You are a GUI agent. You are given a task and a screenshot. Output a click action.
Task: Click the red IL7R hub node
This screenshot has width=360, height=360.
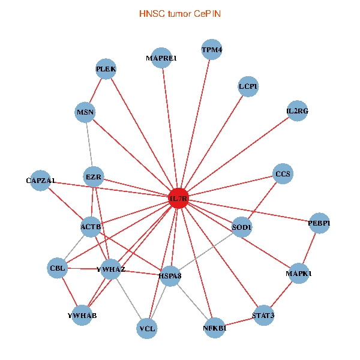pos(178,198)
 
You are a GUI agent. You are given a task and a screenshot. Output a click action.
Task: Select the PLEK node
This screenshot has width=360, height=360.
pos(106,68)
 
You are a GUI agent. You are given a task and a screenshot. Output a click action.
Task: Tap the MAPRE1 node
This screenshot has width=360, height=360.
pos(161,58)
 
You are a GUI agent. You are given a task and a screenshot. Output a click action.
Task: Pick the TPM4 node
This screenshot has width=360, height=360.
pos(211,50)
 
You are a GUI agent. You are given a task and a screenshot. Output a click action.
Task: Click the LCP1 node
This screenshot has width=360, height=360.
pos(248,86)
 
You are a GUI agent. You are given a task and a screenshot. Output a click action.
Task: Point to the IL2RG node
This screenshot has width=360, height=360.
pos(297,110)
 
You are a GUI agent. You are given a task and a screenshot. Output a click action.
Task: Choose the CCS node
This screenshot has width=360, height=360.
pos(283,174)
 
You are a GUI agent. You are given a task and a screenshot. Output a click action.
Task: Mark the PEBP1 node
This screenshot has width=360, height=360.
pos(319,223)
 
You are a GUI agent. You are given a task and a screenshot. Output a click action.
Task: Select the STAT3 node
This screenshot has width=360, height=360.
pos(263,315)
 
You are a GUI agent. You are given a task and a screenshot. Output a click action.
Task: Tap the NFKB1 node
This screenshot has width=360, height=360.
pos(214,328)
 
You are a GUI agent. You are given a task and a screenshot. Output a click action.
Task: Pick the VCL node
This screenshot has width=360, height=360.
pos(147,328)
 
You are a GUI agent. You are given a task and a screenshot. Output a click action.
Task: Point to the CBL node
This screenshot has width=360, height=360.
pos(58,268)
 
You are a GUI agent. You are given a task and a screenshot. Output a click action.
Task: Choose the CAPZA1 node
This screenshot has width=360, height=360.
pos(41,180)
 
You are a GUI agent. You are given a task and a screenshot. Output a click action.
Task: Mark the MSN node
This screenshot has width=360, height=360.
pos(86,112)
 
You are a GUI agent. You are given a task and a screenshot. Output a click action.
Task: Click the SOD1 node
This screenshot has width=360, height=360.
pos(242,227)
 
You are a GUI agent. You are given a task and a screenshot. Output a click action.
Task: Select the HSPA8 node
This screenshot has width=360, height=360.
pos(170,275)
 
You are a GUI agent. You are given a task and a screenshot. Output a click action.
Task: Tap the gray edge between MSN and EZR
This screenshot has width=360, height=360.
pos(90,145)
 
